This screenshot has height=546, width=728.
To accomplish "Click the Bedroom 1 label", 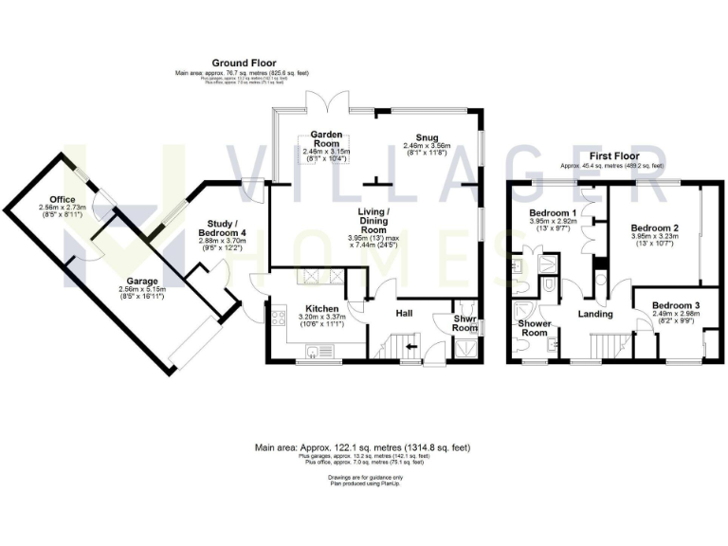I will (553, 212).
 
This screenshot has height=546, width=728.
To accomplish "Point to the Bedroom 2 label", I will (655, 228).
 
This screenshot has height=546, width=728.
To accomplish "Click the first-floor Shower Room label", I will (535, 328).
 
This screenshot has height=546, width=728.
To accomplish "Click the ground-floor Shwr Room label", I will (464, 323).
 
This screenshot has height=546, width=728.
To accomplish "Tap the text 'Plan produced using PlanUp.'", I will (364, 483).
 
